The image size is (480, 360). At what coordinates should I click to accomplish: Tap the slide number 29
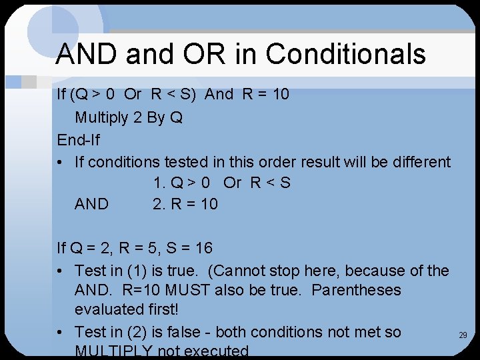click(x=463, y=335)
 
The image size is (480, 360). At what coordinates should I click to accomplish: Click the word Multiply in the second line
click(x=101, y=118)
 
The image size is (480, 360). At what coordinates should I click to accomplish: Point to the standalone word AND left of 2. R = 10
click(x=91, y=204)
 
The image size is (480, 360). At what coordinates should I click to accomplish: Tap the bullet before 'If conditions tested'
click(x=61, y=162)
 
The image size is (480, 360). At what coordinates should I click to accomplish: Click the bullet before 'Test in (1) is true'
click(x=61, y=271)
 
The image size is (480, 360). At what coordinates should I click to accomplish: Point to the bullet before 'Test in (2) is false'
click(x=61, y=332)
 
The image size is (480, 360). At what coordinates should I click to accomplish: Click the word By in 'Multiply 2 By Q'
click(x=156, y=118)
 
